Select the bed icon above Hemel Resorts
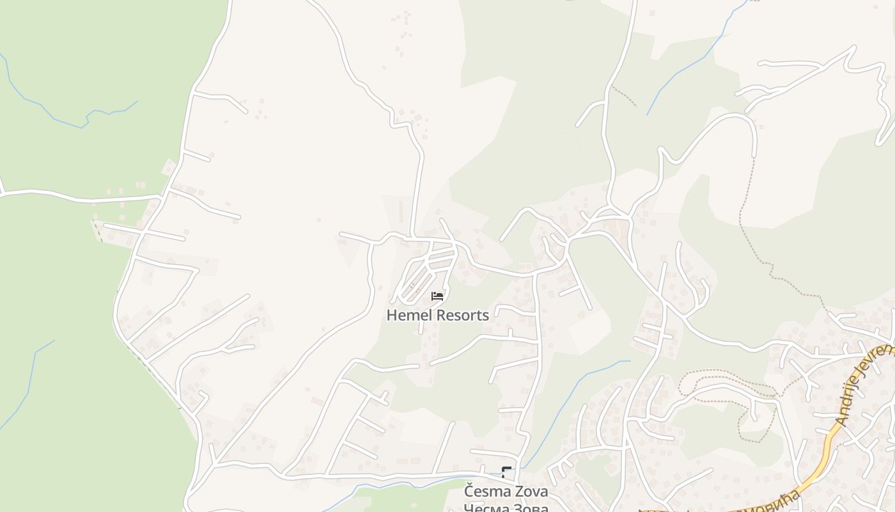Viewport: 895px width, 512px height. pos(437,296)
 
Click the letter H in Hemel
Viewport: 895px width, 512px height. pos(391,315)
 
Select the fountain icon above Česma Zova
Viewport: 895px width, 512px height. pos(507,473)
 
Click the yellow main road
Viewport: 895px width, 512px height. pos(825,449)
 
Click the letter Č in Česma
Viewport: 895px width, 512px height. pos(469,491)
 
